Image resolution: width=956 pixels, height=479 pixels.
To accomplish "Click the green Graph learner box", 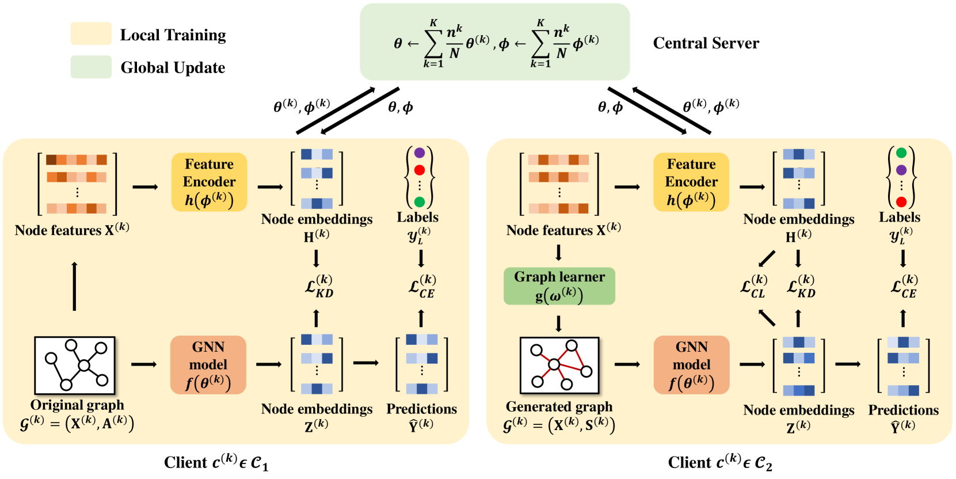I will pyautogui.click(x=559, y=286).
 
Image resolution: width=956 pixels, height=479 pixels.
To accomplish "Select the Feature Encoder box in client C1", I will pyautogui.click(x=209, y=182).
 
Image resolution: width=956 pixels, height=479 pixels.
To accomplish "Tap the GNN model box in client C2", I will pyautogui.click(x=691, y=365).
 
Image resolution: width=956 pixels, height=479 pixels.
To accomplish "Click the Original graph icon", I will pyautogui.click(x=75, y=366).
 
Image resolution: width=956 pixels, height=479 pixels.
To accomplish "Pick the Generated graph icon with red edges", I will pyautogui.click(x=559, y=366).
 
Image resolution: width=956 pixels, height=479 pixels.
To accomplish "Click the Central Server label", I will pyautogui.click(x=706, y=43).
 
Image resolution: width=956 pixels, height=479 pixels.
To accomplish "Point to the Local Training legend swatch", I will pyautogui.click(x=91, y=34).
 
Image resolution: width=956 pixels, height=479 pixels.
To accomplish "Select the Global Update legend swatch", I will pyautogui.click(x=91, y=67).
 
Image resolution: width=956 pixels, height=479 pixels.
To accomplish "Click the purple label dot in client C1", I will pyautogui.click(x=420, y=153).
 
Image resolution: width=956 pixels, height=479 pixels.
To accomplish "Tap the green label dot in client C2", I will pyautogui.click(x=901, y=153).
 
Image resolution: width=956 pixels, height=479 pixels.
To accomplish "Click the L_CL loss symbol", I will pyautogui.click(x=753, y=286).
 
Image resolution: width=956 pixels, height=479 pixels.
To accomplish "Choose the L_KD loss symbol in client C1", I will pyautogui.click(x=319, y=286).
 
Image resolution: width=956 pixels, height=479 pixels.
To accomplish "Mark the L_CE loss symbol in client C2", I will pyautogui.click(x=904, y=286).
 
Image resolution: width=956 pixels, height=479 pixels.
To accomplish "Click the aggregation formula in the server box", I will pyautogui.click(x=495, y=42).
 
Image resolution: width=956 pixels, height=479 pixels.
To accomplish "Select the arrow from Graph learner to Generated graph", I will pyautogui.click(x=558, y=324).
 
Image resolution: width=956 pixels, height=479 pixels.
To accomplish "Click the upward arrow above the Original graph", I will pyautogui.click(x=74, y=286).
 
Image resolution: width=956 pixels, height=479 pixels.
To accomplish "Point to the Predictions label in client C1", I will pyautogui.click(x=421, y=409).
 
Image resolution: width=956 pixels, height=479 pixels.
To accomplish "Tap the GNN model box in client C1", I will pyautogui.click(x=208, y=365).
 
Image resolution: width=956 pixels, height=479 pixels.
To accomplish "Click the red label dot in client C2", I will pyautogui.click(x=901, y=202).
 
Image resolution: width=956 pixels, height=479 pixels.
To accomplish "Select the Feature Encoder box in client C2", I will pyautogui.click(x=691, y=182).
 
